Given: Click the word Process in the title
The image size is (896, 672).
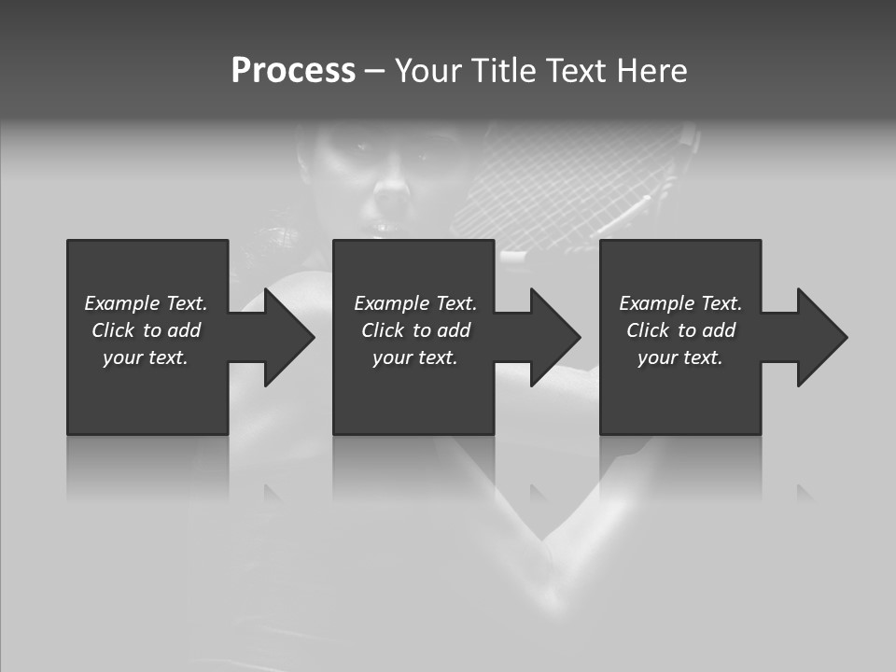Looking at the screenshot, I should point(293,71).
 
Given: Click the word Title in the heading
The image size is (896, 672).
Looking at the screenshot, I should point(503,71).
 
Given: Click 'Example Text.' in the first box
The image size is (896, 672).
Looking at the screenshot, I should point(146,303).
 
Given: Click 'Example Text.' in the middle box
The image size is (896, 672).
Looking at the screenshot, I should point(414,303).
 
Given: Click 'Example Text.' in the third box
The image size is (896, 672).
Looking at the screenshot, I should point(680,303).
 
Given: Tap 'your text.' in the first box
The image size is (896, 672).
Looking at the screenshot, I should point(146,357).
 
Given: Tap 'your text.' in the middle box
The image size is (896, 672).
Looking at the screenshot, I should point(414,357).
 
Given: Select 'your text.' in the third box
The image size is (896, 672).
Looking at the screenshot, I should point(680,357).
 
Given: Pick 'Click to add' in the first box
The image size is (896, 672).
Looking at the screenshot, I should point(146,330).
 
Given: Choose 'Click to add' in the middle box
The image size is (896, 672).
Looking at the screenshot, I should point(414,330).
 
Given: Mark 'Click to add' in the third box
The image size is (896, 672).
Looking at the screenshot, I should point(680,330).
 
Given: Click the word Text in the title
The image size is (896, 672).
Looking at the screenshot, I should point(570,71).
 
